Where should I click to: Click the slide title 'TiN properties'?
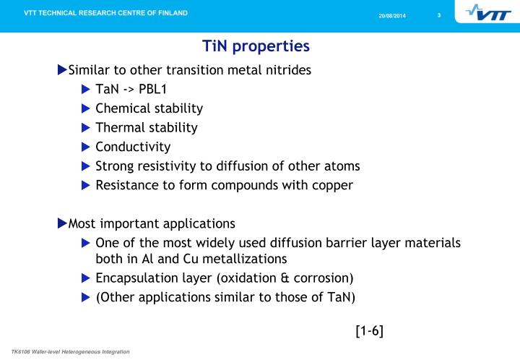point(256,46)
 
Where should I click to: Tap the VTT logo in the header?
point(488,14)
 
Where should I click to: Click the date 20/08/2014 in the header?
point(393,17)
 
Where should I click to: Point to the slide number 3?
point(438,17)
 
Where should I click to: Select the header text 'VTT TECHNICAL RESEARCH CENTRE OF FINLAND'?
point(105,13)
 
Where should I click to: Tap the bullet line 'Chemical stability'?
point(149,108)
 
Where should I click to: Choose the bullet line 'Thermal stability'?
point(146,127)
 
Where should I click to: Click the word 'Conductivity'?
point(133,147)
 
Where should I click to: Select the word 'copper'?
point(331,185)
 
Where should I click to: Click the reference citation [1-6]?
point(369,331)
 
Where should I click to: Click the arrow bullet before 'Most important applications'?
point(61,223)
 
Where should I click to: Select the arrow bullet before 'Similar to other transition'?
point(61,70)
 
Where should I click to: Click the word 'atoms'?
point(343,166)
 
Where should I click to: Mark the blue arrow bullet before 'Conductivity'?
point(86,147)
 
